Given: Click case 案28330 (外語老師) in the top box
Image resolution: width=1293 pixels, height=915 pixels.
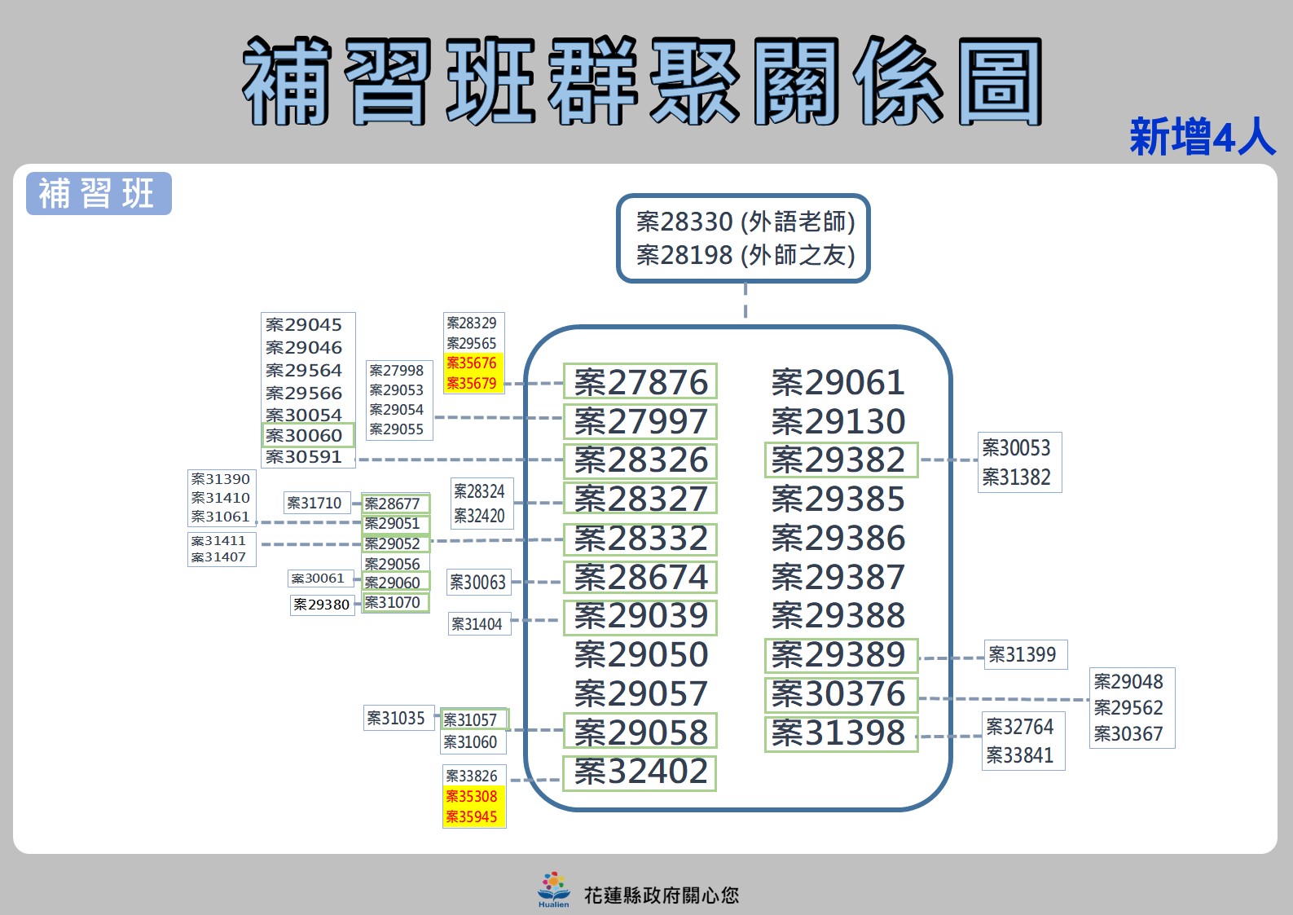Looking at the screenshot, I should click(745, 222).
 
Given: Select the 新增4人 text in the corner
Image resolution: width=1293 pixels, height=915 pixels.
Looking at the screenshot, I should click(1202, 137).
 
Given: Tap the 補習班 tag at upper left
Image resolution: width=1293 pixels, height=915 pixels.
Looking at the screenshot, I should click(99, 194).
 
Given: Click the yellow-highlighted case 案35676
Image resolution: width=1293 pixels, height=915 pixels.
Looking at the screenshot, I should click(472, 363).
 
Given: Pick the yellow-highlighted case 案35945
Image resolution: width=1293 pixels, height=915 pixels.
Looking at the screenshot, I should click(472, 816).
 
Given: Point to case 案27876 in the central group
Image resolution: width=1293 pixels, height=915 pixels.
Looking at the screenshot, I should click(640, 382).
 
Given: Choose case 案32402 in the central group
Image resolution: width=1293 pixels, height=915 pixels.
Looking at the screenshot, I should click(640, 772).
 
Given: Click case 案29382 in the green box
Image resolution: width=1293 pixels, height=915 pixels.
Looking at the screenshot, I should click(840, 460).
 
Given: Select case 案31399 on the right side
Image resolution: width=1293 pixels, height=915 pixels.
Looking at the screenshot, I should click(1023, 654).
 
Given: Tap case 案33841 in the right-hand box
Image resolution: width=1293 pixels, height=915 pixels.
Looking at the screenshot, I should click(1020, 755).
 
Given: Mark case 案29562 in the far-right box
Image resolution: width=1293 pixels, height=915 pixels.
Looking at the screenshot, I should click(1129, 707).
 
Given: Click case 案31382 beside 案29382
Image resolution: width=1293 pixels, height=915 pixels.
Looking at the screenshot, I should click(1017, 477).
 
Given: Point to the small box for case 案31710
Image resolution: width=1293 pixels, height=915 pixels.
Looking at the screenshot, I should click(315, 503).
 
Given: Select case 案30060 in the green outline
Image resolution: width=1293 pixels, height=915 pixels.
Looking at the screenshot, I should click(306, 435).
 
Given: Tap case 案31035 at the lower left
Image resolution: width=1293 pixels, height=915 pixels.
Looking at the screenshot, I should click(397, 718).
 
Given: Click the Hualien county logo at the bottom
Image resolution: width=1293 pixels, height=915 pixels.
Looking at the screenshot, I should click(553, 889).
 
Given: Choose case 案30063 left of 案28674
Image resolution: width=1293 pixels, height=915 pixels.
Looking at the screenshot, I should click(478, 582).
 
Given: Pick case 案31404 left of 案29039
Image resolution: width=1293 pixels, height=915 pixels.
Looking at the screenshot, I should click(477, 624).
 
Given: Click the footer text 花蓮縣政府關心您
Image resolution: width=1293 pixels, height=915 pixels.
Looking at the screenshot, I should click(662, 895).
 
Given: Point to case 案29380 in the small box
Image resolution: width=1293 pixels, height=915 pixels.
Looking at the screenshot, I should click(322, 605).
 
